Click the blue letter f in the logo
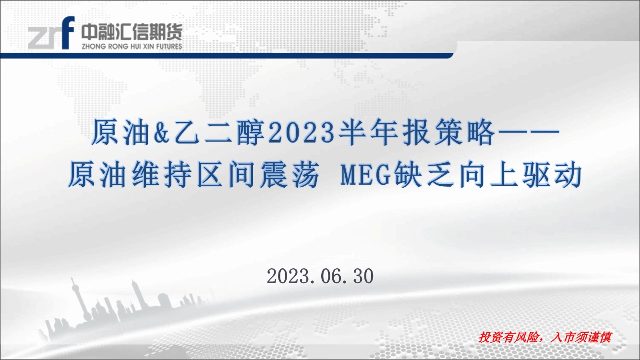(68, 33)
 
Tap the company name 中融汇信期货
(132, 31)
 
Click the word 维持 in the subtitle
(162, 174)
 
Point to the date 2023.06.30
(320, 276)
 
